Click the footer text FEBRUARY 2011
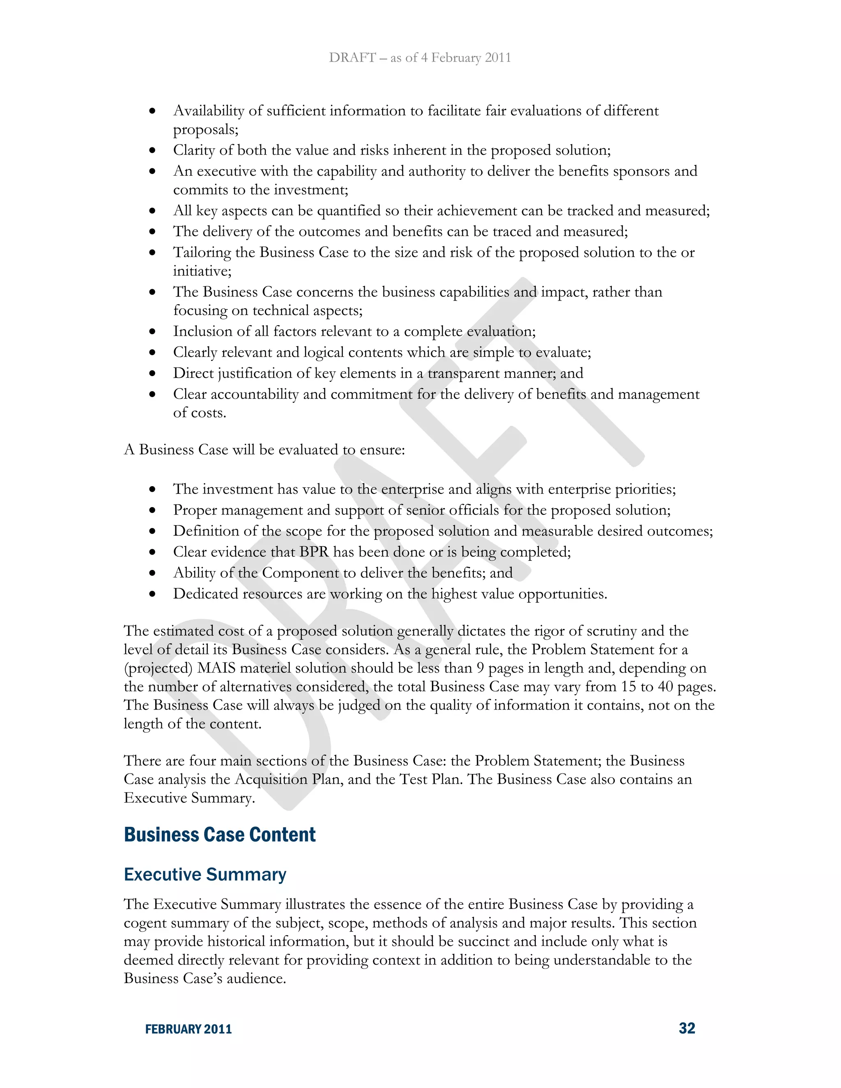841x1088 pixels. coord(188,1029)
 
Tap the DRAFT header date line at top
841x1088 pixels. coord(420,58)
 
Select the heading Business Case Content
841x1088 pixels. coord(220,835)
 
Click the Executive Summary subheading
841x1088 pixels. coord(205,874)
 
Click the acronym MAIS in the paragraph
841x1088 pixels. coord(216,668)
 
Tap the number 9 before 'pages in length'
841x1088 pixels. coord(480,668)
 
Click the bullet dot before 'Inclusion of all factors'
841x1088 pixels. coord(152,332)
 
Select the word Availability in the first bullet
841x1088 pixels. coord(208,110)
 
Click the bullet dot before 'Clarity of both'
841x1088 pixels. coord(152,150)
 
